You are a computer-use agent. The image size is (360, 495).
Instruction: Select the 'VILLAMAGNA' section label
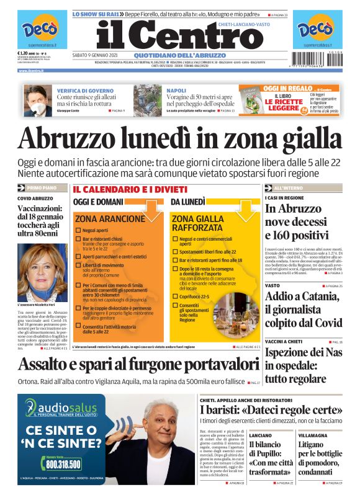(x=313, y=435)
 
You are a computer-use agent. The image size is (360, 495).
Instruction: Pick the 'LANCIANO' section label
(x=261, y=435)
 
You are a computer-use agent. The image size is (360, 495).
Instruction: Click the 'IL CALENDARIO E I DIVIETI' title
(x=130, y=189)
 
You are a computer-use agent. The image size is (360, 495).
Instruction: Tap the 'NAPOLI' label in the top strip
(x=176, y=91)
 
